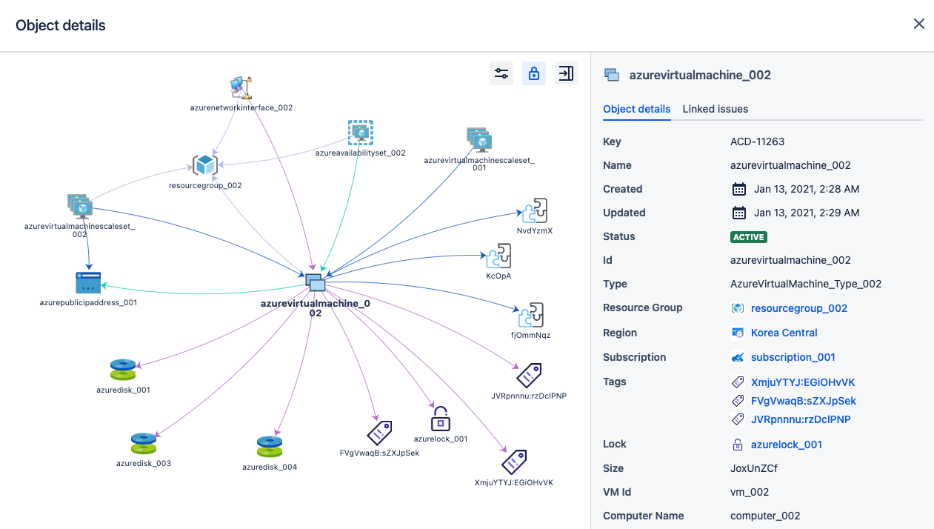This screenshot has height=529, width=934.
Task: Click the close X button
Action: point(919,24)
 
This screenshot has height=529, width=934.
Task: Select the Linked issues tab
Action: point(715,109)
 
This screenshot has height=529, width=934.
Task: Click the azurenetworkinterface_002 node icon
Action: point(241,87)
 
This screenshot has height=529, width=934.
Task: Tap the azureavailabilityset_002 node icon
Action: point(361,133)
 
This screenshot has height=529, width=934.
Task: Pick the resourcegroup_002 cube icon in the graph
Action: point(204,164)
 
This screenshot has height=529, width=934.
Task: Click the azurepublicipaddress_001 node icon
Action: point(88,282)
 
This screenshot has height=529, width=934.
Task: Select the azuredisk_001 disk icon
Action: point(123,369)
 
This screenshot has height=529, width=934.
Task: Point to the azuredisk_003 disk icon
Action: point(144,443)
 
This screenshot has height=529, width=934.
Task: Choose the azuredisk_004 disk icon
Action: point(270,447)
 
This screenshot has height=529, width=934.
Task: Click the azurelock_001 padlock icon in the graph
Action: point(441,419)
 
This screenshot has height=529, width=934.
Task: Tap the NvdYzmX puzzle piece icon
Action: point(535,210)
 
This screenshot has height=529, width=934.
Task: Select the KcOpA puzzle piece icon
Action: point(498,257)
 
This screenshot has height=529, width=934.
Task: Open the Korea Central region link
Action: point(784,333)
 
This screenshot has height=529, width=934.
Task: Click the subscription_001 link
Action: point(793,357)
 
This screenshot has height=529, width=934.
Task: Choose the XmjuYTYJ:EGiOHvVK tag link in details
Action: point(803,382)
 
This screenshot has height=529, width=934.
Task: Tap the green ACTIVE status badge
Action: point(749,237)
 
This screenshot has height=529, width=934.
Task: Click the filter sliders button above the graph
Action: point(501,73)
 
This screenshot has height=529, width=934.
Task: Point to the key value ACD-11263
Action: point(757,142)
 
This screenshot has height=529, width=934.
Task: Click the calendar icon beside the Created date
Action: point(738,189)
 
